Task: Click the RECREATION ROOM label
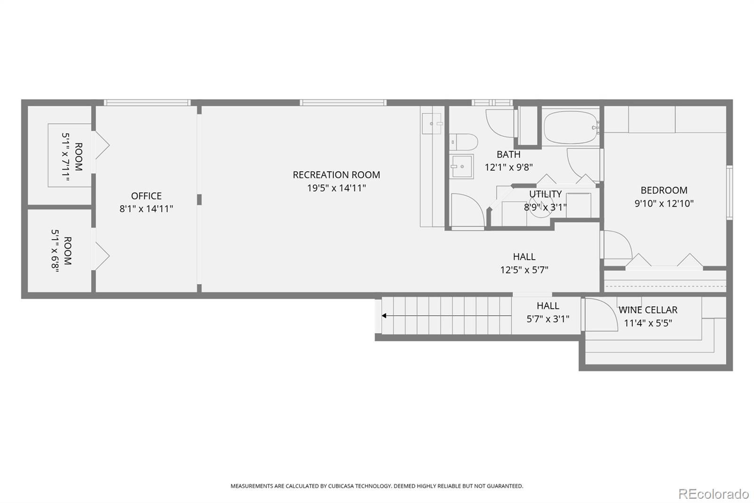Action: tap(336, 175)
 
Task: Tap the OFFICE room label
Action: tap(146, 196)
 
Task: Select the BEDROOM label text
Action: tap(664, 190)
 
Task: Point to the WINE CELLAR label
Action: tap(648, 310)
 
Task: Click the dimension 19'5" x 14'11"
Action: tap(336, 188)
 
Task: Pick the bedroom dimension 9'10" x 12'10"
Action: tap(664, 203)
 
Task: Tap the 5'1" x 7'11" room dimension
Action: tap(66, 157)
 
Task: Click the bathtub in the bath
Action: tap(571, 128)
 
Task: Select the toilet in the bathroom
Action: tap(464, 142)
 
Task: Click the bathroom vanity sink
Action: tap(461, 166)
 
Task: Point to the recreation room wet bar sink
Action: tap(433, 123)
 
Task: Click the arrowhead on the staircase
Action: tap(384, 316)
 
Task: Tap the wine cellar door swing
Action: tap(601, 315)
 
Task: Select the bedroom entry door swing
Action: tap(618, 244)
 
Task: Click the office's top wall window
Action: tap(147, 102)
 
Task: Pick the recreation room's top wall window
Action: tap(343, 102)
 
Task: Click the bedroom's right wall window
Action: tap(729, 193)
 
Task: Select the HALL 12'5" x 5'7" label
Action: tap(524, 263)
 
